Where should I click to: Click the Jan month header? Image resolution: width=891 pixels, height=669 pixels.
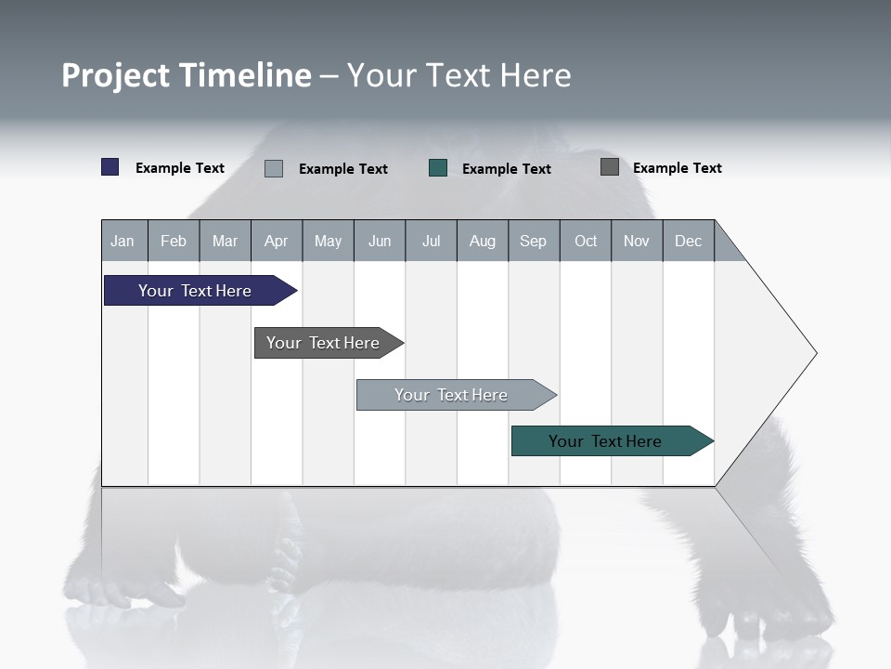[x=123, y=241]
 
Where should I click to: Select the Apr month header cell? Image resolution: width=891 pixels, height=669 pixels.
[x=277, y=241]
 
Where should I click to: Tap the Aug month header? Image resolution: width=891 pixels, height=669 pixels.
[x=483, y=241]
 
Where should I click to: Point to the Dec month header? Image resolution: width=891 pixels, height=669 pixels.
[x=689, y=241]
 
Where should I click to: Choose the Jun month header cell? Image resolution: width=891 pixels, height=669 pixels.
[x=380, y=241]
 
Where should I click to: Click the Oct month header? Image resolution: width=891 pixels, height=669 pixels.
[x=586, y=241]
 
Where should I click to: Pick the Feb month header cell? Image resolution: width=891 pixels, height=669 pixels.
[x=174, y=241]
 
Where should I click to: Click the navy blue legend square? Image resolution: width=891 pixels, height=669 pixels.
[x=110, y=167]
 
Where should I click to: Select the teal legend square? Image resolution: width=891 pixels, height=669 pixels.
[x=438, y=167]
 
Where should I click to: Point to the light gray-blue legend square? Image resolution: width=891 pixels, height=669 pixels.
[x=274, y=168]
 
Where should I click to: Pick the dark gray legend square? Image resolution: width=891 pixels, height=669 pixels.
[x=610, y=166]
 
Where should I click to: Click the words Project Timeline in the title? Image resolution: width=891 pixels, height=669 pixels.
[x=186, y=75]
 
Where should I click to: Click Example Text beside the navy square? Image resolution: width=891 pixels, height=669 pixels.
[x=180, y=168]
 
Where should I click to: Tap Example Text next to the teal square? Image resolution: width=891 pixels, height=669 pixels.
[x=507, y=169]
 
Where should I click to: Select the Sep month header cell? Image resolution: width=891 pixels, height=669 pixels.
[x=534, y=241]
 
